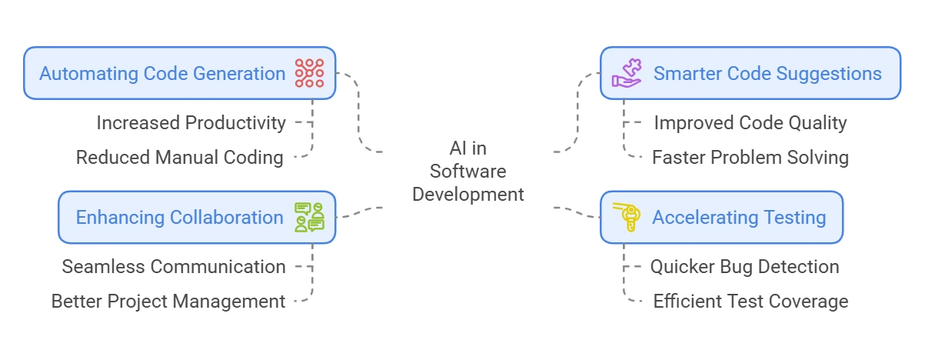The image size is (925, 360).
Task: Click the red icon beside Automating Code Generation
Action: point(310,73)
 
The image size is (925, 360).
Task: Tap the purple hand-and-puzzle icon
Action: point(626,73)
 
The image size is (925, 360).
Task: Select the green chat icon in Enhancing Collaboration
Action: point(310,217)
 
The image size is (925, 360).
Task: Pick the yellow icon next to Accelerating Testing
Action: point(626,217)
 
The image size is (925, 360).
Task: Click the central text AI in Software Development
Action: point(467,171)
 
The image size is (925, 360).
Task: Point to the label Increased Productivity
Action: point(191,122)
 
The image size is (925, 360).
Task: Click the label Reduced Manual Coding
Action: point(180,158)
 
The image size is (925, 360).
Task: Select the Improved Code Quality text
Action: point(750,122)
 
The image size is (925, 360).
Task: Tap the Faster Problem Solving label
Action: point(750,158)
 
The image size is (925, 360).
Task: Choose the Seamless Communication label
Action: point(174,266)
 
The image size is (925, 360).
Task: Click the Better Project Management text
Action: point(168,301)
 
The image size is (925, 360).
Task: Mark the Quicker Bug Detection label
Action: point(744,266)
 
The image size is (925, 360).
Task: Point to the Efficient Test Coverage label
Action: point(750,301)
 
